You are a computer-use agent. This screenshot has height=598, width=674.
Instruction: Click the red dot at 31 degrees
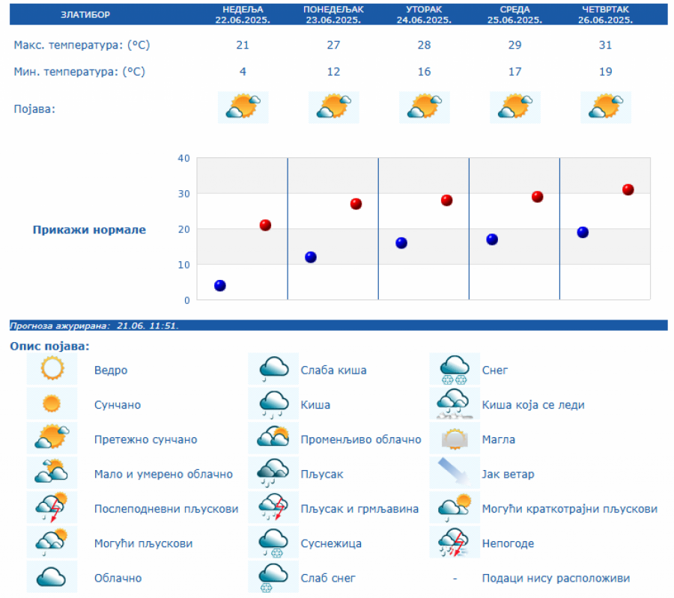(x=628, y=189)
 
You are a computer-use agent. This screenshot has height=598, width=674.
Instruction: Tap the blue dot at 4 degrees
(x=220, y=285)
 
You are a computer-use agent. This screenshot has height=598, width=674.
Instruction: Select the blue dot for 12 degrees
(x=311, y=257)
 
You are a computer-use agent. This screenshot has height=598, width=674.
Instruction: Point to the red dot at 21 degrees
(x=265, y=225)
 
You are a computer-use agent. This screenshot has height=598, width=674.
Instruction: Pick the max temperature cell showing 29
(x=514, y=45)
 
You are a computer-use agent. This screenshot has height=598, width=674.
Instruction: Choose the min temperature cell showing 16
(x=424, y=72)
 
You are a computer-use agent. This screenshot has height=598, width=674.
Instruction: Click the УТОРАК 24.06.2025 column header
(x=424, y=15)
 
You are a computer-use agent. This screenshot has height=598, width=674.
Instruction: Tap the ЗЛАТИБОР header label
(x=85, y=15)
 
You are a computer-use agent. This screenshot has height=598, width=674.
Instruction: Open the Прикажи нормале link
(x=89, y=230)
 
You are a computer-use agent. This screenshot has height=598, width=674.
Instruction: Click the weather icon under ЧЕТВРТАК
(x=605, y=107)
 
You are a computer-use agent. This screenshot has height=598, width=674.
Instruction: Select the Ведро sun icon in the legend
(x=52, y=370)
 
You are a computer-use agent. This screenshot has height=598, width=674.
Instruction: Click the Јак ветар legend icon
(x=455, y=474)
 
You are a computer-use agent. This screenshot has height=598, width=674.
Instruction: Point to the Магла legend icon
(x=455, y=439)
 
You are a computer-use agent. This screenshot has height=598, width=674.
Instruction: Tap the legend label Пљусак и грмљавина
(x=359, y=509)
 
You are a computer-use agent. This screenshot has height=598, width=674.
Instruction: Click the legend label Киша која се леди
(x=533, y=405)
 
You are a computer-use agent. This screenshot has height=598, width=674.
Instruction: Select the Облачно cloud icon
(x=52, y=578)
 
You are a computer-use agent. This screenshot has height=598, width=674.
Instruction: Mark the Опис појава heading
(x=49, y=346)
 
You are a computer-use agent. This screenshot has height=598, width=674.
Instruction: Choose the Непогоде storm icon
(x=455, y=543)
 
